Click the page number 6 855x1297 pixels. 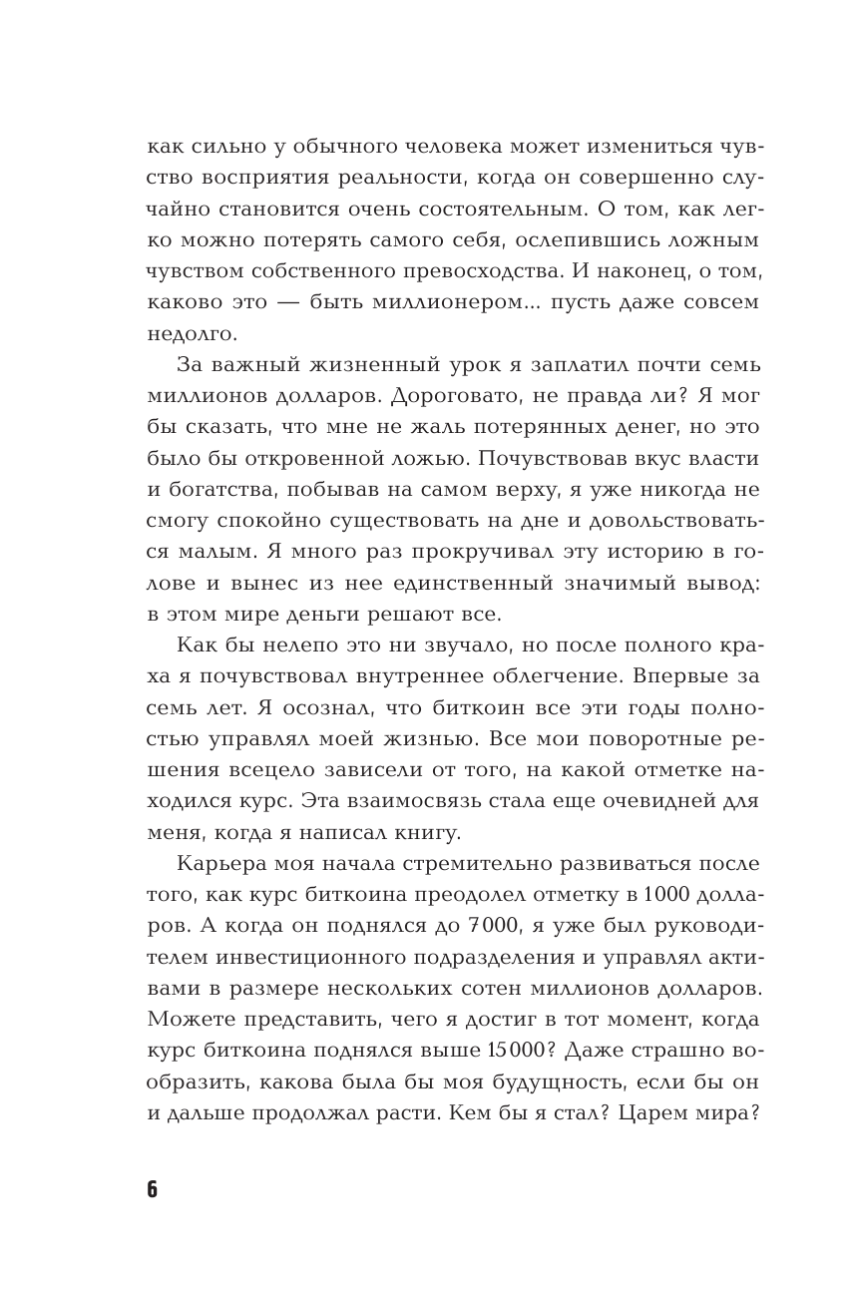pos(153,1189)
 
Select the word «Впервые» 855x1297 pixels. pos(681,675)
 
